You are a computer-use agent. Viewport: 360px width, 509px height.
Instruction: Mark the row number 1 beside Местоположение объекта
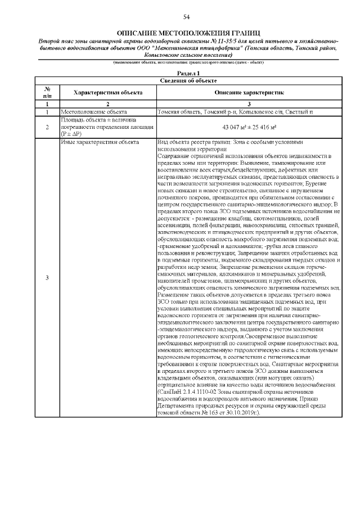tap(47, 112)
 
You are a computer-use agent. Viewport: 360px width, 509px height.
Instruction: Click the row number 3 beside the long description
tap(47, 278)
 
